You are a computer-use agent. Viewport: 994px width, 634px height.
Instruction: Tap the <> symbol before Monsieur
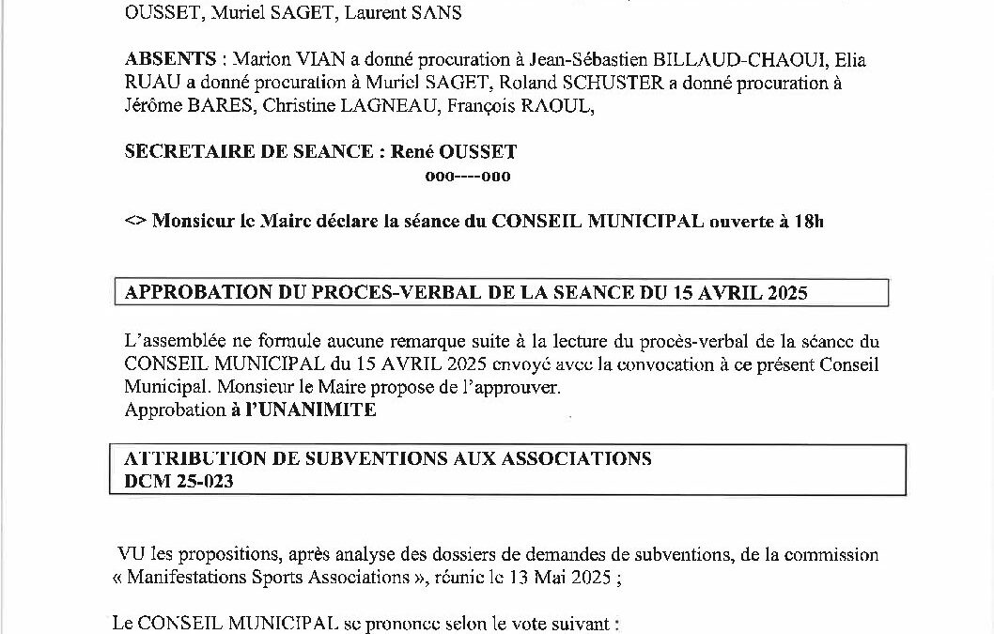134,222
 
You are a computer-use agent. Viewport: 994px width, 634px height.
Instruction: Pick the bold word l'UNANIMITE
303,410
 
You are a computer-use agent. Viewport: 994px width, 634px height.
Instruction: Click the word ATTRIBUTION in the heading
183,458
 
